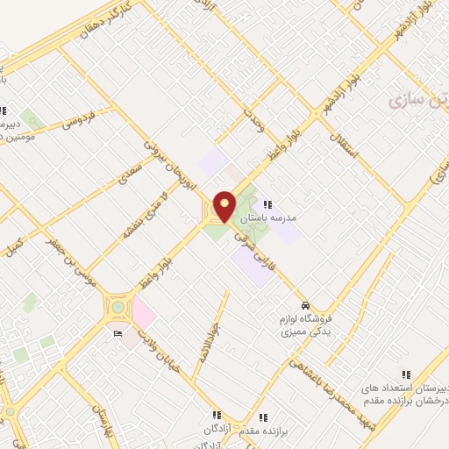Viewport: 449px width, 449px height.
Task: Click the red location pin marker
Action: coord(224,207)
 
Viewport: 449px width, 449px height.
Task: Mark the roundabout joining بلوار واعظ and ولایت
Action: coord(118,308)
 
